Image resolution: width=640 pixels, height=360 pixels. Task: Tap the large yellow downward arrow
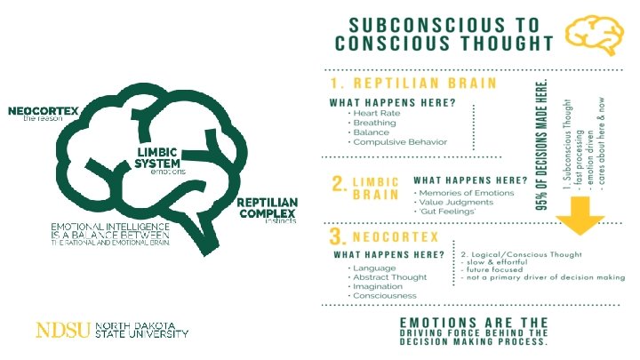click(x=583, y=212)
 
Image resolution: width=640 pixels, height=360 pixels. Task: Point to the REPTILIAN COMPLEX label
click(x=266, y=207)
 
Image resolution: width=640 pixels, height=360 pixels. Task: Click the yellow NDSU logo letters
click(x=63, y=331)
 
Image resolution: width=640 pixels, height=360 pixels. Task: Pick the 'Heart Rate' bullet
click(x=377, y=114)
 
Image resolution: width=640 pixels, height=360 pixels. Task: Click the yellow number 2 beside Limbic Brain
click(x=339, y=184)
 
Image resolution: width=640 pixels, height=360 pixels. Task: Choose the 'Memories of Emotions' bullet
click(x=468, y=193)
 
